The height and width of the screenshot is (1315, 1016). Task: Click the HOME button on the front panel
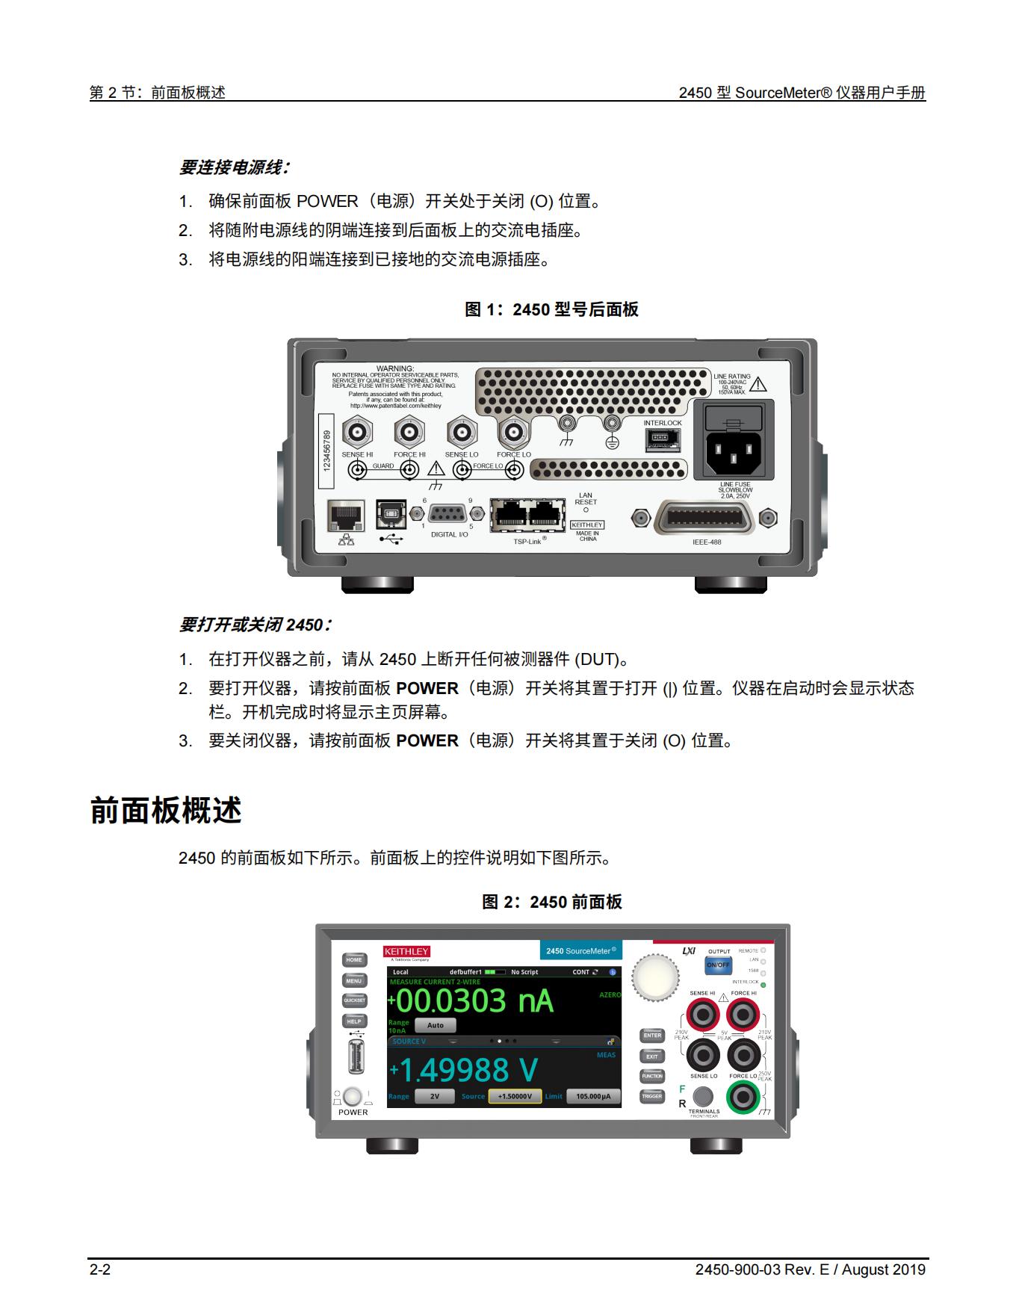[x=354, y=960]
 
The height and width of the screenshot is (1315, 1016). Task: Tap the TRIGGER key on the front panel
[x=652, y=1096]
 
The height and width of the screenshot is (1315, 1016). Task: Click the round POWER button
[x=353, y=1096]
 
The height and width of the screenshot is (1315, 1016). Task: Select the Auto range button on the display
[x=435, y=1025]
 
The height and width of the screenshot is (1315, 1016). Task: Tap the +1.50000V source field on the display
[x=515, y=1096]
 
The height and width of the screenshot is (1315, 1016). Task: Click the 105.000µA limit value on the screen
[x=593, y=1096]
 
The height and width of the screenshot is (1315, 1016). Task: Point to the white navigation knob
[x=655, y=977]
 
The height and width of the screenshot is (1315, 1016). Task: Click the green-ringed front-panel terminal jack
[x=743, y=1096]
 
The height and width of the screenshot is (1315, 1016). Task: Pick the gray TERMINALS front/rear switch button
[x=702, y=1096]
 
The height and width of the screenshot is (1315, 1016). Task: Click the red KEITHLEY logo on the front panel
[x=406, y=951]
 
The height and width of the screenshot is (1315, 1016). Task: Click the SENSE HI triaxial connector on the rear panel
[x=358, y=432]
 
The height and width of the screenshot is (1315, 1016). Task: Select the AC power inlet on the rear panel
[x=734, y=450]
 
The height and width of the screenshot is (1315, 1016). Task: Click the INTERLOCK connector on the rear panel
[x=663, y=439]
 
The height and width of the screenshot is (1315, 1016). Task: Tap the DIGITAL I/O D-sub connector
[x=447, y=513]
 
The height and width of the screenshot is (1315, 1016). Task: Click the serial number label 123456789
[x=326, y=450]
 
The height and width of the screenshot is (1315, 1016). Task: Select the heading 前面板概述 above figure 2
[x=166, y=811]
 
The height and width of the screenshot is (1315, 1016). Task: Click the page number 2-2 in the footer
[x=100, y=1269]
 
